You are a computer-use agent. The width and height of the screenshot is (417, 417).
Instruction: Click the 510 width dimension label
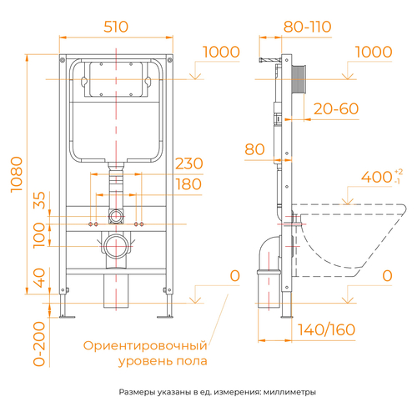(x=116, y=27)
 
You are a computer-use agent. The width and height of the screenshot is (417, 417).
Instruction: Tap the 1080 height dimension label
(x=17, y=174)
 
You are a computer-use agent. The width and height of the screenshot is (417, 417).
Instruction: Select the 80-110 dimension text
(x=307, y=27)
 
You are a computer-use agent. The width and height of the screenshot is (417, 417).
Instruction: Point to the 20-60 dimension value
(x=336, y=108)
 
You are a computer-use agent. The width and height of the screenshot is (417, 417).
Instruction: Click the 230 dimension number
(x=189, y=163)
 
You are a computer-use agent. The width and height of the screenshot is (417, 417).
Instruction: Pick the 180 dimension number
(x=188, y=184)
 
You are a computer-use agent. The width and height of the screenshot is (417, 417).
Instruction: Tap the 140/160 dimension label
(x=327, y=329)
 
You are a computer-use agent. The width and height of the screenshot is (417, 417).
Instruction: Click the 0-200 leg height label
(x=39, y=344)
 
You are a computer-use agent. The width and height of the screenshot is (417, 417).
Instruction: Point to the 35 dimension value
(x=39, y=200)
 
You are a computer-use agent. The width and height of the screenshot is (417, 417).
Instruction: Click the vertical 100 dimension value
(x=39, y=235)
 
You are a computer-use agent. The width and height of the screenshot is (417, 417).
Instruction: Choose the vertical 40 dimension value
(x=39, y=278)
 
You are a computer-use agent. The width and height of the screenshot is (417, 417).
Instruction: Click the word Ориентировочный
(x=145, y=346)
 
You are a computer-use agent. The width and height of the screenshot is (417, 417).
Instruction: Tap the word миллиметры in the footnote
(x=289, y=392)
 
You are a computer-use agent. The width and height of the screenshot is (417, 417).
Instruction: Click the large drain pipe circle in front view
(x=116, y=246)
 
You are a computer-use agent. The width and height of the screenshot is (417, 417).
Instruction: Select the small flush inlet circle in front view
(x=116, y=216)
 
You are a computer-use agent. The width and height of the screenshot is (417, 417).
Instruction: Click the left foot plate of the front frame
(x=67, y=316)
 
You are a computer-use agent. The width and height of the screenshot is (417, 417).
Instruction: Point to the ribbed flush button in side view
(x=299, y=79)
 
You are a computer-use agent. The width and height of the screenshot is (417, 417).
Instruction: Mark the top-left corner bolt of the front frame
(x=63, y=59)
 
